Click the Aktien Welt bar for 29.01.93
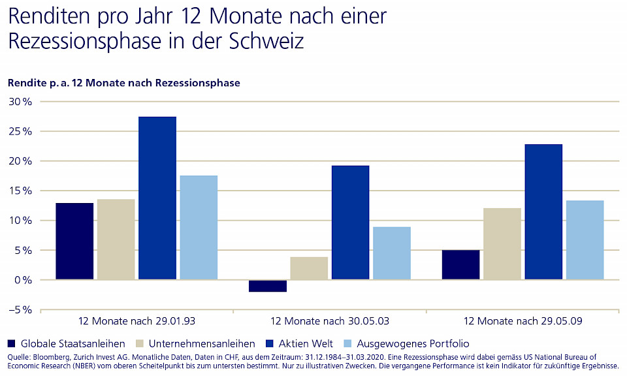(157, 198)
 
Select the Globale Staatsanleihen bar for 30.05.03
(268, 286)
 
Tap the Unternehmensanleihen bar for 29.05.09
(502, 243)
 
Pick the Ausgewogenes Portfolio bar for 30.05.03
(392, 253)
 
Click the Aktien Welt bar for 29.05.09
(543, 211)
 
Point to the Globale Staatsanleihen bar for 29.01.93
(74, 241)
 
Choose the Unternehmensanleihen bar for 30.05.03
(309, 268)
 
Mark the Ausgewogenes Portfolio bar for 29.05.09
(585, 240)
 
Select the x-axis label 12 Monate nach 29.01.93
(137, 322)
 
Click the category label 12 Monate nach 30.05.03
(330, 322)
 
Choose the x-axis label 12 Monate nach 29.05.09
(522, 322)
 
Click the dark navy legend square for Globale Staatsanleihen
(11, 343)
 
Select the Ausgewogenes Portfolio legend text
(413, 343)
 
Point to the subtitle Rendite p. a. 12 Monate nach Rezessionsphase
(124, 83)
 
